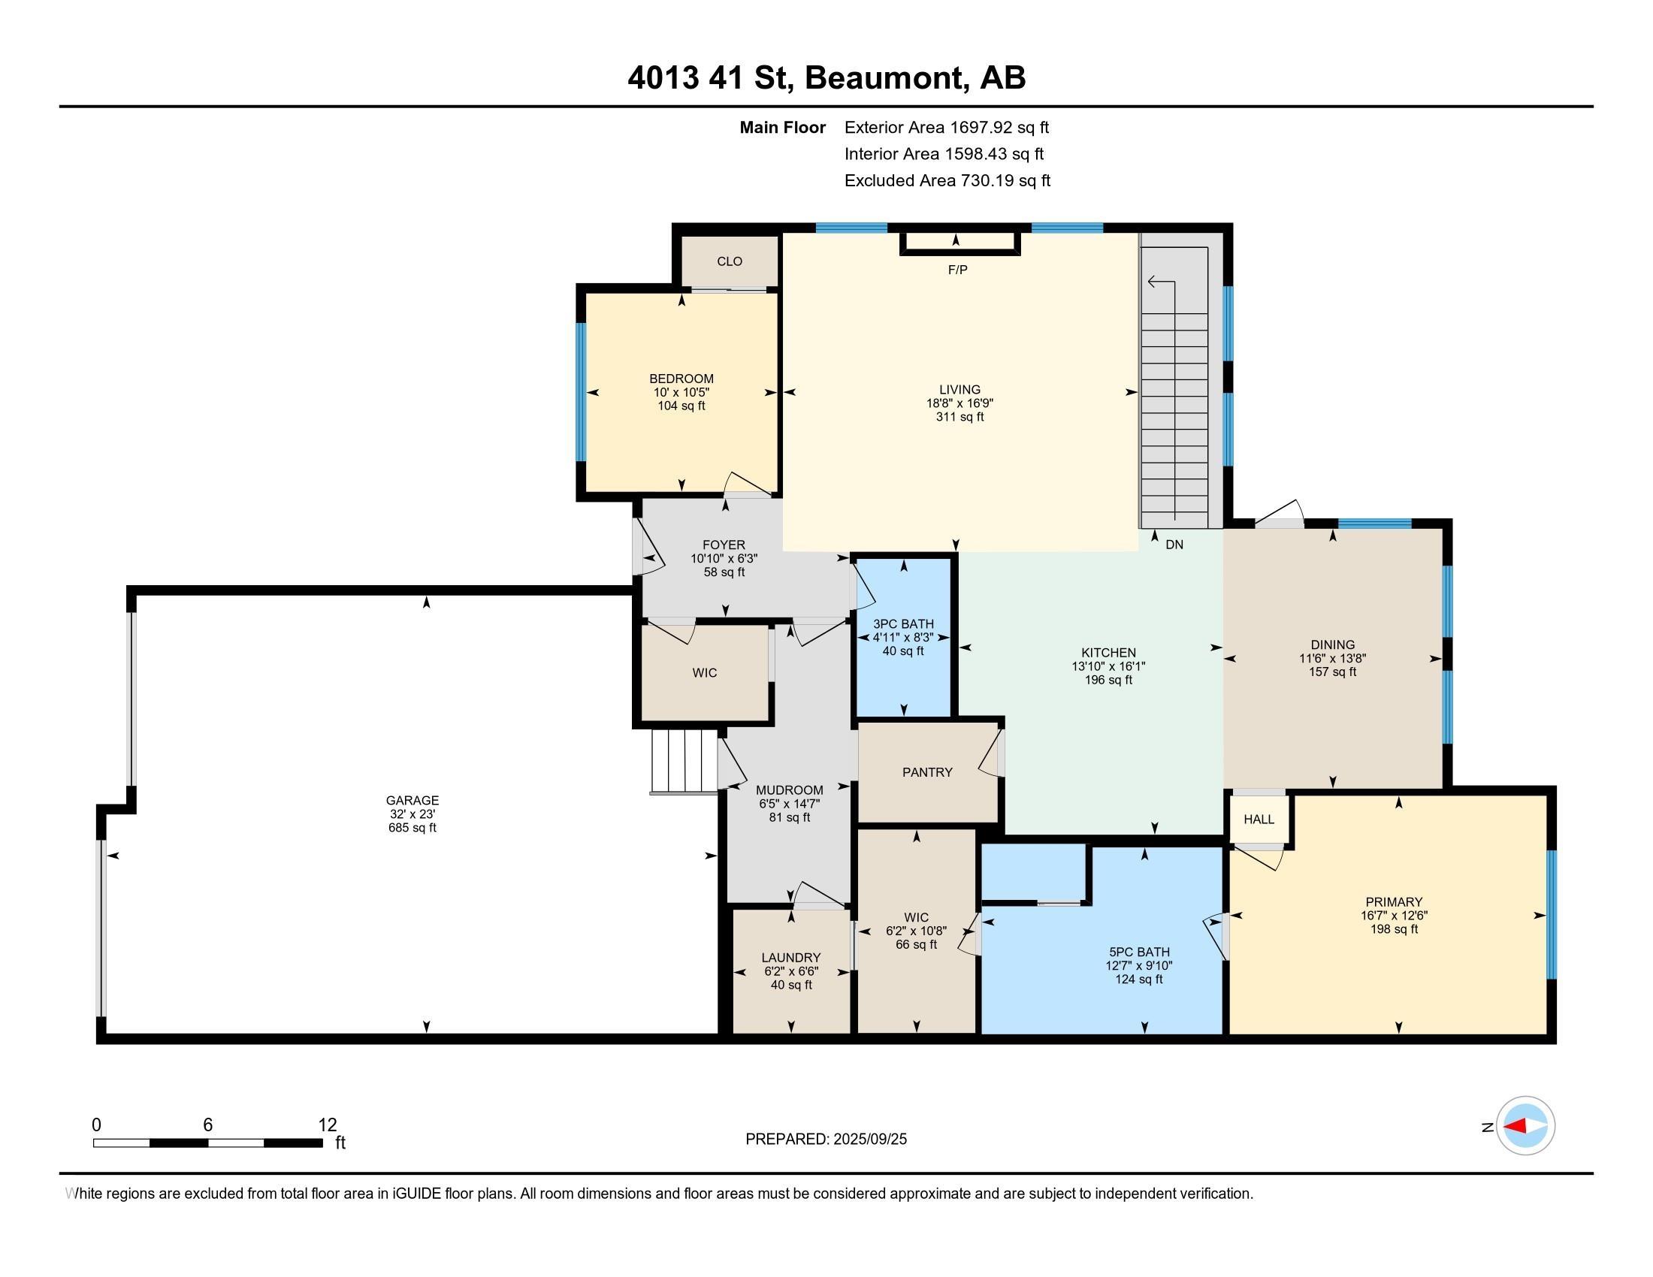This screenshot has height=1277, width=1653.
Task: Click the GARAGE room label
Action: point(412,801)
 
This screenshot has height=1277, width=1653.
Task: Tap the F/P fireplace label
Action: point(957,270)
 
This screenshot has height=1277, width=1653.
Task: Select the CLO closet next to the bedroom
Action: point(730,261)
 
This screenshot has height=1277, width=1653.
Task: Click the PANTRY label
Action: point(927,772)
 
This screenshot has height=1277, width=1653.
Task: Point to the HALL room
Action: point(1259,820)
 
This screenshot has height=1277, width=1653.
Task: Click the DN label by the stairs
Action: point(1174,545)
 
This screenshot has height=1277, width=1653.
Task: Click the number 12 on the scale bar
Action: point(328,1125)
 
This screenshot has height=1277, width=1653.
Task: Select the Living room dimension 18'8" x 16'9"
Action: point(959,404)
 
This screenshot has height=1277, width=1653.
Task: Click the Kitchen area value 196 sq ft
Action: point(1108,680)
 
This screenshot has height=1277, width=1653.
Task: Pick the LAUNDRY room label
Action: point(791,958)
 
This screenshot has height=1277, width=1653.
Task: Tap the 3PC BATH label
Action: point(904,624)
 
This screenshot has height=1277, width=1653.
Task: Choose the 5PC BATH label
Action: point(1138,952)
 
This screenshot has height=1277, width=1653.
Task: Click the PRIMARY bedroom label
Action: point(1393,901)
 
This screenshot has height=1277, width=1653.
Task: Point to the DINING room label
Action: point(1332,645)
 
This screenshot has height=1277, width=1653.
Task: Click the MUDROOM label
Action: point(790,790)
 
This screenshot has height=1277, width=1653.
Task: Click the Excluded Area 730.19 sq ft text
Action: point(947,181)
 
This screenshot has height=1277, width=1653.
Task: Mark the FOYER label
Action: point(724,545)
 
